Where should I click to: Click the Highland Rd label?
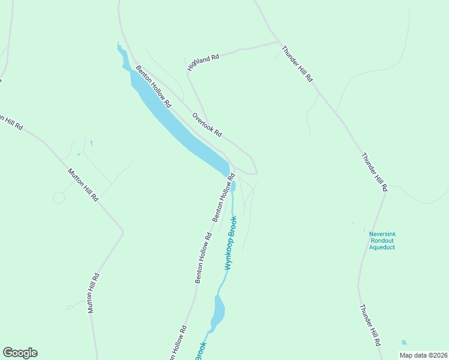click(203, 61)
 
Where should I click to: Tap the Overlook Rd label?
click(207, 124)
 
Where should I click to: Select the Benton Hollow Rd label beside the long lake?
click(153, 87)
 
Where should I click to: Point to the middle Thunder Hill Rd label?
click(375, 171)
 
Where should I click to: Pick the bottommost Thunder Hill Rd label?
click(370, 325)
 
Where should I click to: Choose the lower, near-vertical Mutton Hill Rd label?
click(92, 293)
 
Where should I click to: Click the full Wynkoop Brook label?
click(232, 242)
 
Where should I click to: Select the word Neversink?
click(382, 233)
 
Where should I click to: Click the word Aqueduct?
click(382, 247)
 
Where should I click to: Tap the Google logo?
click(20, 353)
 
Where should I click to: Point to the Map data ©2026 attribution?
click(423, 355)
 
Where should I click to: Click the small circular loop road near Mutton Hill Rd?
click(59, 197)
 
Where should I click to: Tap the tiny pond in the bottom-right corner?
click(403, 343)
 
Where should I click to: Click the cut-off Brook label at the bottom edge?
click(200, 351)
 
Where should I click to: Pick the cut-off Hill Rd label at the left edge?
click(12, 122)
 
